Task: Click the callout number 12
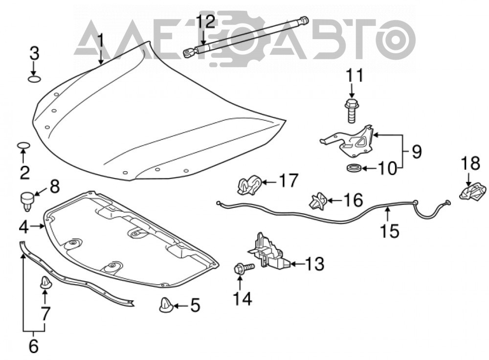205,22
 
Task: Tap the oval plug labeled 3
35,78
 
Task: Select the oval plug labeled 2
23,145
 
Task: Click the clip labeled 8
27,202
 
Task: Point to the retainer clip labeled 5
166,305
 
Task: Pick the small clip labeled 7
45,282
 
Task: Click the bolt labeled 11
352,111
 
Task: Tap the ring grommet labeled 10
354,168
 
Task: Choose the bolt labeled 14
244,268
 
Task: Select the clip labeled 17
249,185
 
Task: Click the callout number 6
33,346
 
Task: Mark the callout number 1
100,41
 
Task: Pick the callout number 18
470,163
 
